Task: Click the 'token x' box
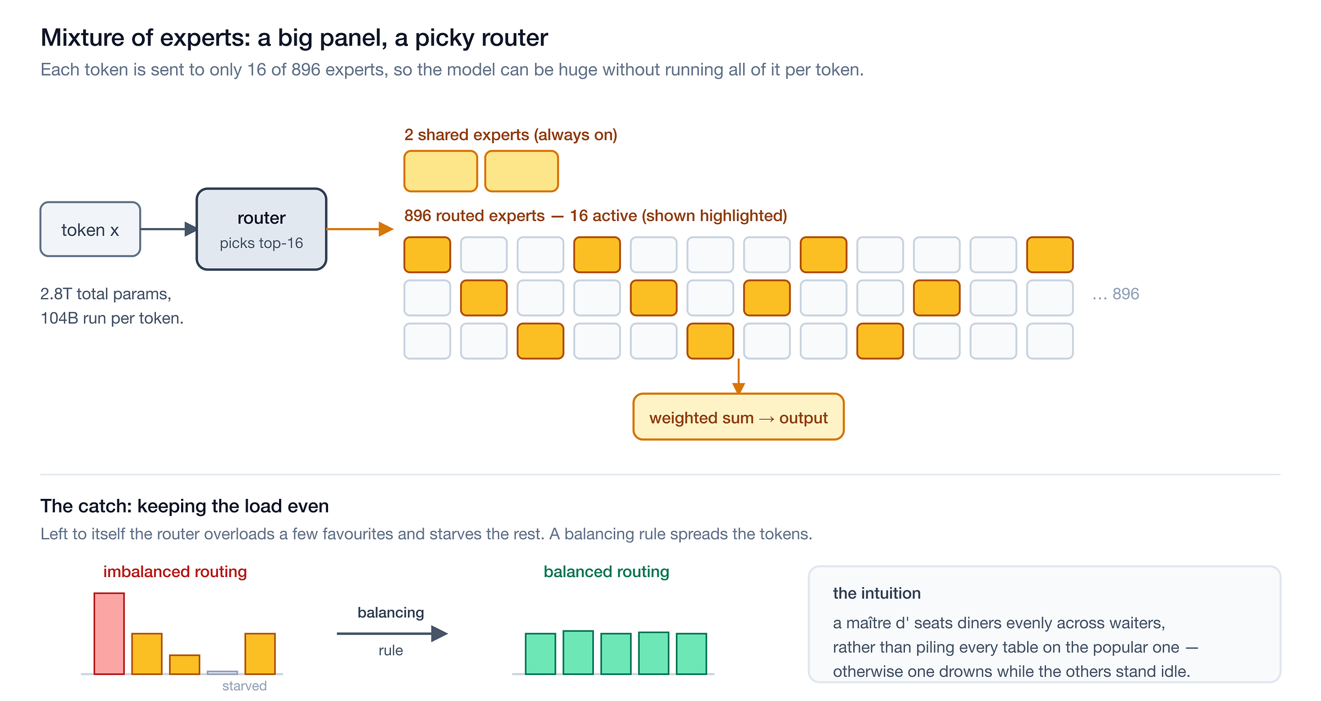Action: point(90,229)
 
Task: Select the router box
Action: point(261,229)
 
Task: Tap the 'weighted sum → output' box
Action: point(738,417)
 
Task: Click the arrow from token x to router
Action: point(168,229)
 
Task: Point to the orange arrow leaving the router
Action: point(360,229)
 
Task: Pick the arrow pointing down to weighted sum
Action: point(739,377)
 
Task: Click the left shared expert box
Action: point(441,171)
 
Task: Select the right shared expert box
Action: point(522,171)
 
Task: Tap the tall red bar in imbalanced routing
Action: point(109,633)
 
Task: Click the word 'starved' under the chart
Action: point(244,686)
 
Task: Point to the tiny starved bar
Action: point(222,672)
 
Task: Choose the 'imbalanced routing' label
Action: point(175,572)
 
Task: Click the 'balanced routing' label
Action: point(607,572)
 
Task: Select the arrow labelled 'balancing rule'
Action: point(392,634)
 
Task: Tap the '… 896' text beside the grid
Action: point(1116,294)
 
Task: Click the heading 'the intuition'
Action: point(877,593)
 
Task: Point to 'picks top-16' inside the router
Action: point(261,243)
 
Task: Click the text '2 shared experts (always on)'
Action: point(511,135)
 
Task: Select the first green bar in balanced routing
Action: point(541,654)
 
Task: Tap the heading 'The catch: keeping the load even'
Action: point(185,506)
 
